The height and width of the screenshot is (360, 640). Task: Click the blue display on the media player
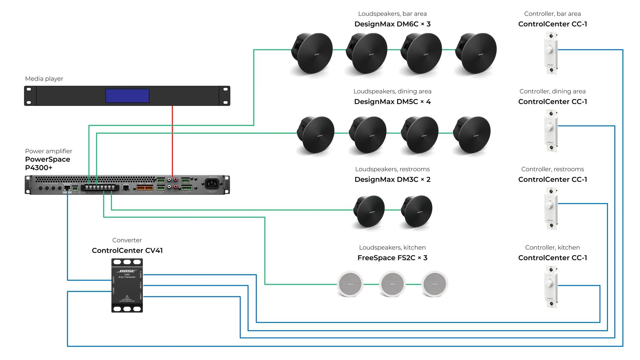tap(127, 96)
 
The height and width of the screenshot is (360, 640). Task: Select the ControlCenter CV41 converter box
tap(127, 285)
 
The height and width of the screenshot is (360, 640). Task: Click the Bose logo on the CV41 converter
tap(127, 271)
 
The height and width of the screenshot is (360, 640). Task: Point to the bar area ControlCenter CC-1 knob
tap(550, 50)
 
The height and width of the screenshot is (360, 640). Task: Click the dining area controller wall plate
tap(551, 131)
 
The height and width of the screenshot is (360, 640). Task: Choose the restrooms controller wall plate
tap(551, 208)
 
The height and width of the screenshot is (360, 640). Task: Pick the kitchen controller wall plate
tap(551, 286)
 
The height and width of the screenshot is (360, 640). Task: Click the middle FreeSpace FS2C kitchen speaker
tap(392, 284)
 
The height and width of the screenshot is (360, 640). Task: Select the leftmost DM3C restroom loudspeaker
tap(369, 211)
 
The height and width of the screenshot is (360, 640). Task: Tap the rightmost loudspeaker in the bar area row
tap(477, 53)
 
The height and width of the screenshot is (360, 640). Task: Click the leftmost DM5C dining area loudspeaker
tap(316, 134)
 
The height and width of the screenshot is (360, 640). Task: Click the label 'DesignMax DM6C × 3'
tap(392, 24)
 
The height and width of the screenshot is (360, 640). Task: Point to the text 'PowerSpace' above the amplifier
tap(48, 159)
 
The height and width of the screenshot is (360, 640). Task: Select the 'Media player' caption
tap(44, 79)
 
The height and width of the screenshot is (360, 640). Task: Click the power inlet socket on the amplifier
tap(212, 183)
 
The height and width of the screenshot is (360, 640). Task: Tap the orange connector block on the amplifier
tap(145, 188)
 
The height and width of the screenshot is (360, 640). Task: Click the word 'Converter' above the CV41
tap(127, 240)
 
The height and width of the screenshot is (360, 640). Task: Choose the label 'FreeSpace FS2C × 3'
tap(392, 258)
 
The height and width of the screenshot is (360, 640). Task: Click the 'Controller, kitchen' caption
tap(552, 247)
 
